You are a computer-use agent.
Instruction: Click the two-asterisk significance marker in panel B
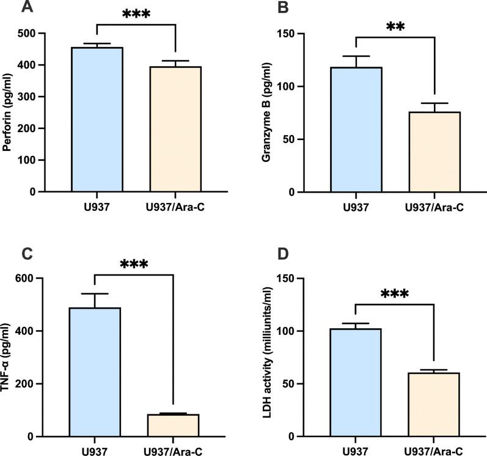(x=395, y=26)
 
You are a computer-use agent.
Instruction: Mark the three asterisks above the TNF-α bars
(x=134, y=264)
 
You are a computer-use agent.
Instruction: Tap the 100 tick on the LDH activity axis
(x=307, y=331)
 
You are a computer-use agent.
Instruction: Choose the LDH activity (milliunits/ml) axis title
(x=267, y=358)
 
